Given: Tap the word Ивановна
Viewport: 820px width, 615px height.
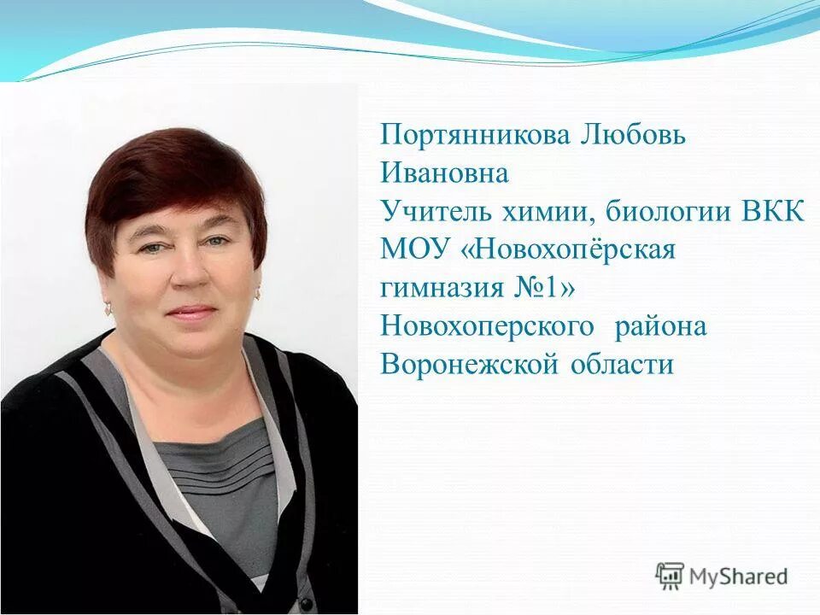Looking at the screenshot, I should point(444,174).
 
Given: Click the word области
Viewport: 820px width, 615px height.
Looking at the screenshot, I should point(618,365).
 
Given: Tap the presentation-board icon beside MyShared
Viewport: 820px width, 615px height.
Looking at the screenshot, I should point(670,576).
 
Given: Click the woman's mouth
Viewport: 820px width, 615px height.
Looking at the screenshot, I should point(190,312).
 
